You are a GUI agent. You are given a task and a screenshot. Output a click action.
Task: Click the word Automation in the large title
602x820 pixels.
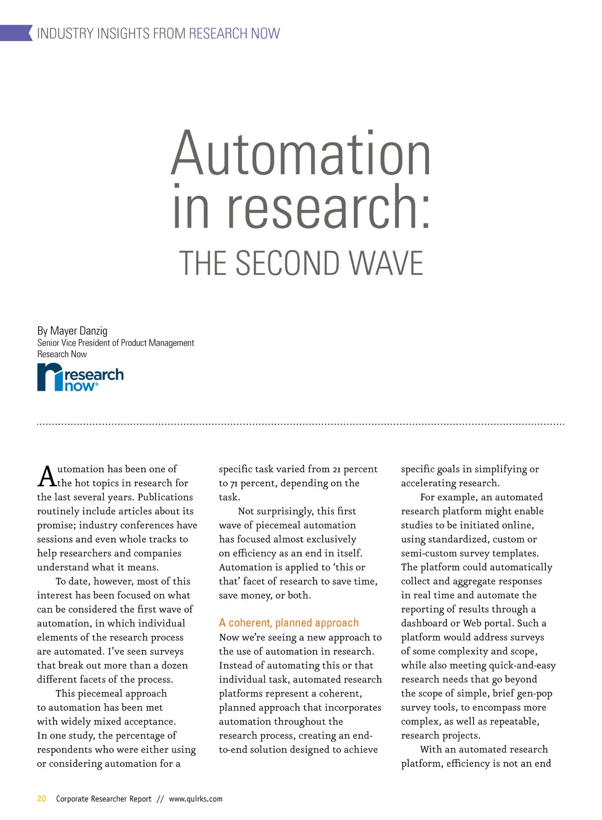point(301,153)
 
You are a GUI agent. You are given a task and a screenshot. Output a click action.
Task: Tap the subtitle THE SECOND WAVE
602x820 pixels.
point(301,263)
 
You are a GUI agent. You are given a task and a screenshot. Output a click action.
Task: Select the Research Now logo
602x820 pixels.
point(80,377)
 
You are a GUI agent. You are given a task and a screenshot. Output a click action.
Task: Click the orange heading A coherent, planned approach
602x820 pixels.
point(289,623)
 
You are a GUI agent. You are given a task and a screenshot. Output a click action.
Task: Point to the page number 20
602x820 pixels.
point(42,798)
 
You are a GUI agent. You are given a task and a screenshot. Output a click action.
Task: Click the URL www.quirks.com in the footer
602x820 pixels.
point(196,799)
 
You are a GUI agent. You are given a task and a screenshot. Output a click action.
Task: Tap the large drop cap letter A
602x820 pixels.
point(46,477)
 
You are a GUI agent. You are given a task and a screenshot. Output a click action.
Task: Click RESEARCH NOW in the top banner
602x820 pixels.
point(234,34)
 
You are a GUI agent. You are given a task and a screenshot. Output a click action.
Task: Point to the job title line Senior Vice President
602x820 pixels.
point(115,343)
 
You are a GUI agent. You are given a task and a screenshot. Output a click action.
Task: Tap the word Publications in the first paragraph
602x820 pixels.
point(165,497)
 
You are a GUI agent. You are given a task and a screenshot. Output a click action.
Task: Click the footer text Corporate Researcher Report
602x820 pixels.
point(103,799)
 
